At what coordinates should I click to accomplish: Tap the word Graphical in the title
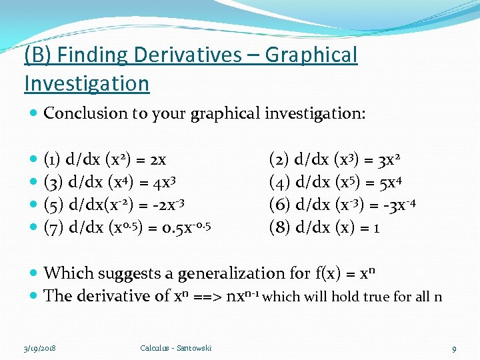pos(311,55)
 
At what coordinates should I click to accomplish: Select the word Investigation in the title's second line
pos(87,84)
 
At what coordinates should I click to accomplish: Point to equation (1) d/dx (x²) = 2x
pos(105,160)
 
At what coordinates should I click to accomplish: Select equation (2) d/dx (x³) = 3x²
pos(334,160)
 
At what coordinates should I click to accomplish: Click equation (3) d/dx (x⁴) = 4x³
pos(109,182)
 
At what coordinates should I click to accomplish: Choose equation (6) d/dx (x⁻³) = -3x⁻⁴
pos(343,204)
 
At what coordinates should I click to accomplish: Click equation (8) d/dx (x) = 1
pos(324,227)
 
